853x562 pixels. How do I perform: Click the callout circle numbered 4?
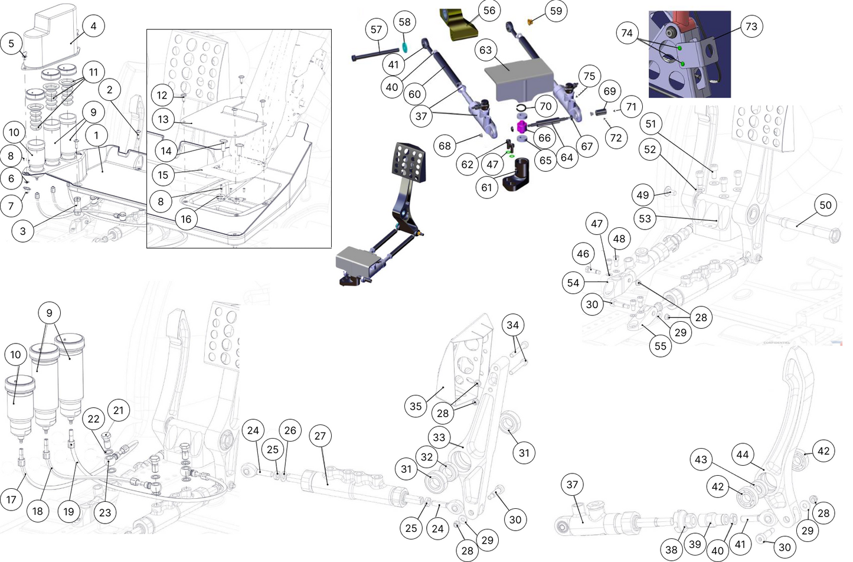tap(93, 26)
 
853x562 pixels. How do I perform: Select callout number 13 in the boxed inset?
tap(163, 119)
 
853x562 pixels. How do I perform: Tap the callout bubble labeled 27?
tap(320, 436)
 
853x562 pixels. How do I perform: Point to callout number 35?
tap(416, 406)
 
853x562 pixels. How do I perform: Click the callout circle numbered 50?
tap(825, 205)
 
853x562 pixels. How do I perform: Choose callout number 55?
tap(661, 346)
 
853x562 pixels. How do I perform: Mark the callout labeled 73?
tap(751, 27)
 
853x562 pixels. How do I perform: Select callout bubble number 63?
tap(485, 50)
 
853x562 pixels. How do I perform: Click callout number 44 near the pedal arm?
tap(743, 455)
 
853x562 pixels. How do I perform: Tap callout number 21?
tap(119, 410)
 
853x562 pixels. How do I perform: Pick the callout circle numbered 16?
tap(186, 219)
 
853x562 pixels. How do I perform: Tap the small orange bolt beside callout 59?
tap(530, 22)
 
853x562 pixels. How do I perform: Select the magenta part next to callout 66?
tap(522, 127)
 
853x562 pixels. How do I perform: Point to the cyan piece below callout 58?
tap(404, 45)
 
